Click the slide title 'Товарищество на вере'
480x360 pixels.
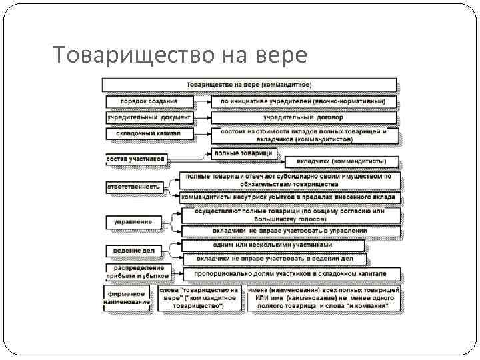coord(179,55)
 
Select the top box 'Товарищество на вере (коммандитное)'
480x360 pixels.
coord(249,85)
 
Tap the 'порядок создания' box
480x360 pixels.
coord(149,102)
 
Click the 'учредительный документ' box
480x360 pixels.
coord(149,117)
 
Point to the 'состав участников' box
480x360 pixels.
coord(135,159)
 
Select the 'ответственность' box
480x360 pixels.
coord(134,187)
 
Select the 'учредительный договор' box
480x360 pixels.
coord(303,117)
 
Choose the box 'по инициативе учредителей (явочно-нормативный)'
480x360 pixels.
coord(303,102)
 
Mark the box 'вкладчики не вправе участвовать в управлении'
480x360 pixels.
coord(290,231)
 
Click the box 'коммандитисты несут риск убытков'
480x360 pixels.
coord(290,197)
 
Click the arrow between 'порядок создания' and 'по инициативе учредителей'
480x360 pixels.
coord(203,102)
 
